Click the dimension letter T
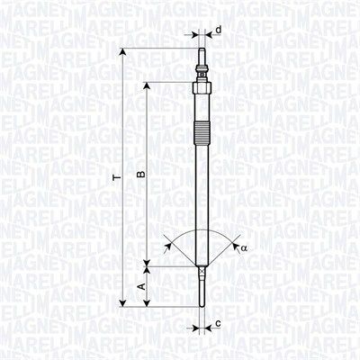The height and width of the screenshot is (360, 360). pyautogui.click(x=114, y=178)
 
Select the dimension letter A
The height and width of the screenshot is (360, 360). pyautogui.click(x=139, y=286)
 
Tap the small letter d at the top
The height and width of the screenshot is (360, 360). pyautogui.click(x=220, y=29)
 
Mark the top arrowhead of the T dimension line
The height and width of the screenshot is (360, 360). pyautogui.click(x=123, y=56)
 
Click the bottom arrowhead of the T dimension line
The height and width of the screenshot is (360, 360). pyautogui.click(x=123, y=302)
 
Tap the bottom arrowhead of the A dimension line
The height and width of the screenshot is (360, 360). pyautogui.click(x=147, y=302)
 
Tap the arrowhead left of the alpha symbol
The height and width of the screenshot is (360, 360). pyautogui.click(x=233, y=242)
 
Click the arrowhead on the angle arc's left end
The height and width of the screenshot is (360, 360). pyautogui.click(x=169, y=242)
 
